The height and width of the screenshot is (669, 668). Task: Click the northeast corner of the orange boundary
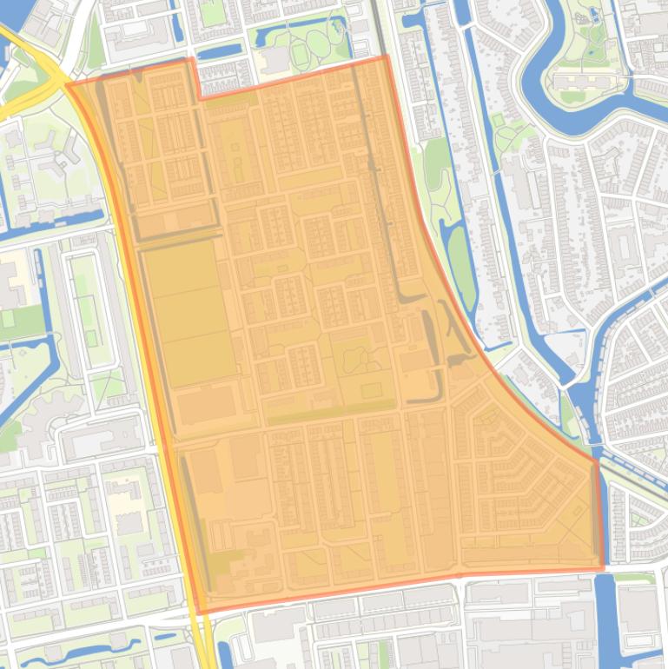click(387, 57)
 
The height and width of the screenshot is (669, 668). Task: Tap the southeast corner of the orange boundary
click(602, 569)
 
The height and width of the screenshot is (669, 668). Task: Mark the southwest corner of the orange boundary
click(200, 613)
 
